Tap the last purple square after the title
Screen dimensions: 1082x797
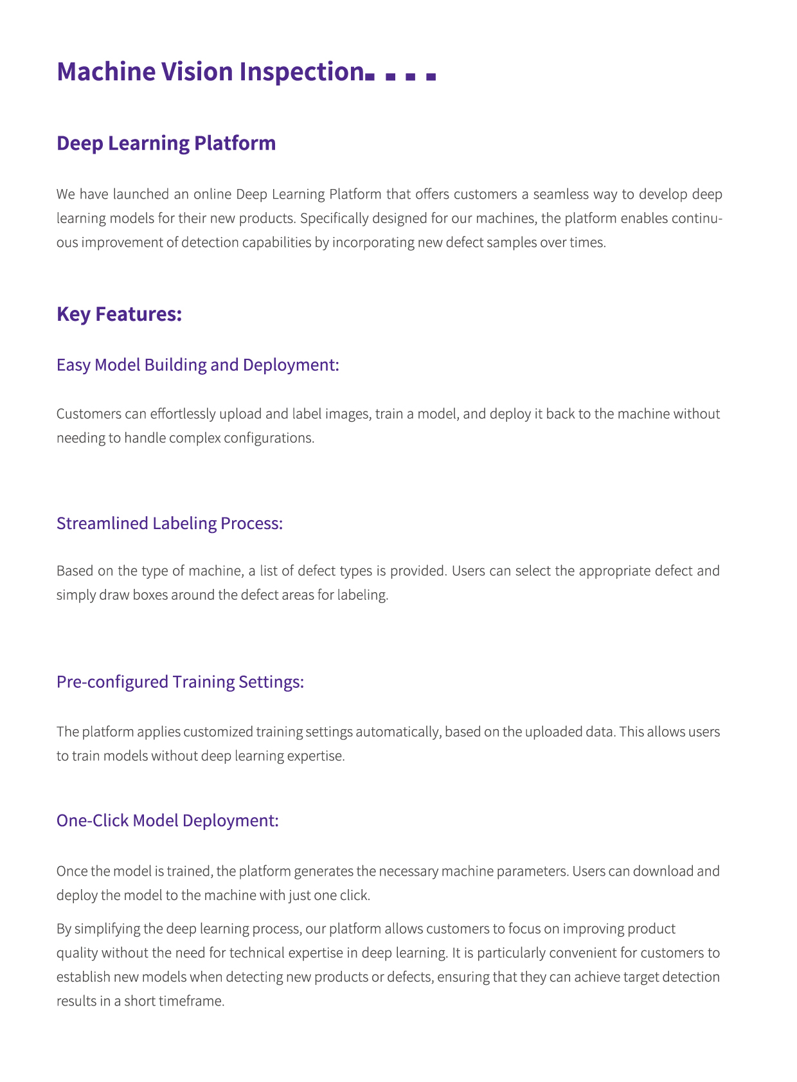click(x=431, y=77)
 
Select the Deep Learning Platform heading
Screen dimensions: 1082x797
click(x=166, y=143)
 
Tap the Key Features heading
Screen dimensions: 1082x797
click(x=120, y=314)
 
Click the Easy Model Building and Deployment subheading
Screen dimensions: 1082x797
click(x=197, y=365)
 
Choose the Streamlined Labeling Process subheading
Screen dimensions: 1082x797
click(x=170, y=523)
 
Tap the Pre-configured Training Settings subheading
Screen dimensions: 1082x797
click(x=180, y=681)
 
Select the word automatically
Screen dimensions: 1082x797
click(x=398, y=732)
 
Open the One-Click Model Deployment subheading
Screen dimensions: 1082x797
click(x=168, y=820)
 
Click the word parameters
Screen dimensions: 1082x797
click(x=526, y=871)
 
